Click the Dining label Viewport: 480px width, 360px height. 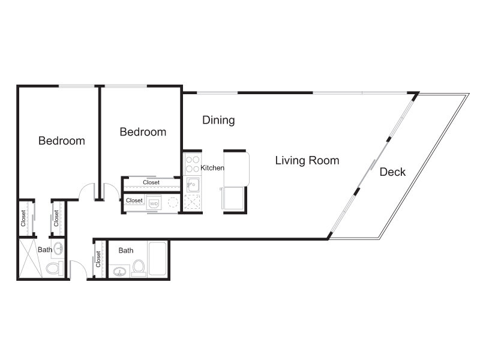pos(218,120)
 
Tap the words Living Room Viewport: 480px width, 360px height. pos(307,161)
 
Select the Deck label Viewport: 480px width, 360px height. pos(392,172)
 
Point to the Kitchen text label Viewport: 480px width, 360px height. pos(212,168)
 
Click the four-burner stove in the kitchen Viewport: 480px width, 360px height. pos(193,164)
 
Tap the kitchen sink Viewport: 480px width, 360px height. pos(193,185)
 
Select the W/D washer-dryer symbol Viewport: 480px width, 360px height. pos(154,203)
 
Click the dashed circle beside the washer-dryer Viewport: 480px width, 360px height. pos(173,202)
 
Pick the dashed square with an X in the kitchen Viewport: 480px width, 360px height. pos(192,202)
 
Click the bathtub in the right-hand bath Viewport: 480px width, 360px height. pos(158,259)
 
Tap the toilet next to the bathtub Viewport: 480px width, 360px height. pos(139,268)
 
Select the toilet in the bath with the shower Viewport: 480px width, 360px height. pos(55,268)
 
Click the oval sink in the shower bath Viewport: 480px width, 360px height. pos(59,248)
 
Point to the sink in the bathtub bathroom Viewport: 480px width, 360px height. pos(119,272)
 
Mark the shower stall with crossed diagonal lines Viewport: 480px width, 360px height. pos(31,258)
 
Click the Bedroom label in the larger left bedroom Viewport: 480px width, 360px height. pos(62,141)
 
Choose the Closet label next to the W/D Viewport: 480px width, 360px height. pos(134,200)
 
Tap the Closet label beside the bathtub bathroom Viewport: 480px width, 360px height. pos(98,259)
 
